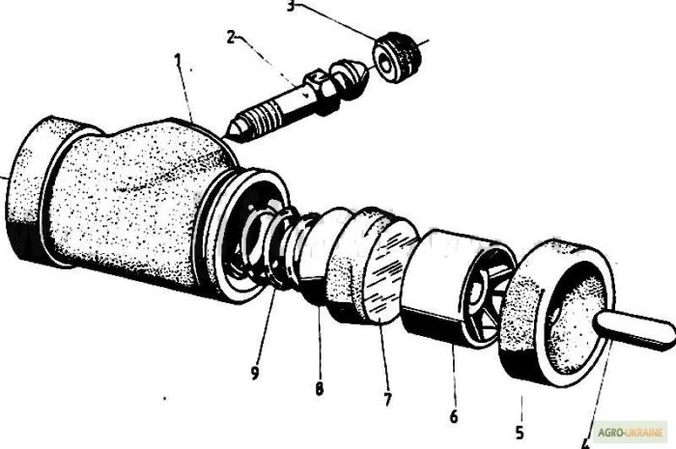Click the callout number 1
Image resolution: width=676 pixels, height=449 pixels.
coord(178,60)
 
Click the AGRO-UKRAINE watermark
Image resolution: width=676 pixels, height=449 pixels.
coord(633,432)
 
